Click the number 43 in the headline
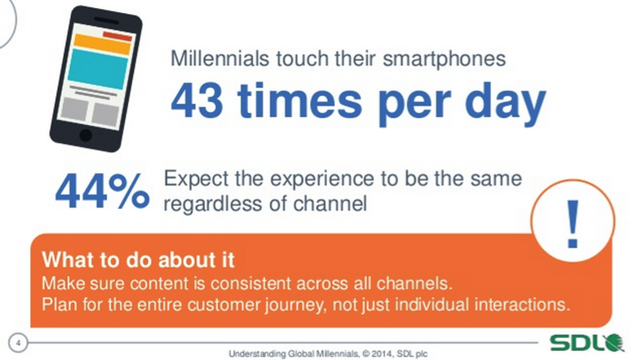click(x=197, y=100)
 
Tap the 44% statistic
click(x=102, y=191)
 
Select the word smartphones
click(x=445, y=60)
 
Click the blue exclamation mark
click(x=573, y=224)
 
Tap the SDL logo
click(x=587, y=343)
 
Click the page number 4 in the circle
click(x=18, y=343)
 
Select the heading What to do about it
click(x=139, y=260)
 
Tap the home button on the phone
click(x=86, y=135)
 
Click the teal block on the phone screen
click(x=98, y=69)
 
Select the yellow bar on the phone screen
click(x=102, y=44)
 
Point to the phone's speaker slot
click(x=106, y=20)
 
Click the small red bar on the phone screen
click(x=117, y=36)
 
